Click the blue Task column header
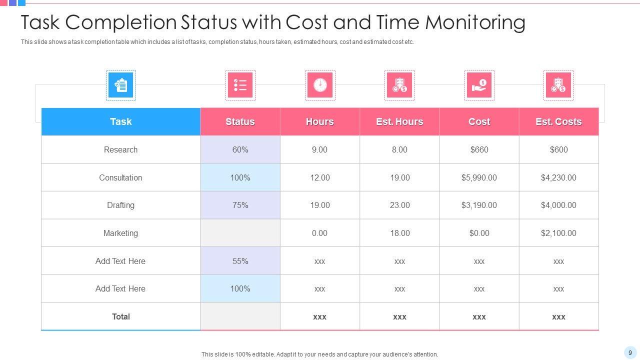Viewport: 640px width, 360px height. [120, 121]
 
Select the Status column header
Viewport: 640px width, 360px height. [240, 121]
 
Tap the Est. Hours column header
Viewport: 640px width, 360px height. [399, 121]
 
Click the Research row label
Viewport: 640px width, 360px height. [120, 149]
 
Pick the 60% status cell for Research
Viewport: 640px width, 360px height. [240, 149]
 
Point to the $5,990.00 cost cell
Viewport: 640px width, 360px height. [479, 177]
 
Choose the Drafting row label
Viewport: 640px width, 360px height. [120, 205]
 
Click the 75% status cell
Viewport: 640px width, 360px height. [240, 205]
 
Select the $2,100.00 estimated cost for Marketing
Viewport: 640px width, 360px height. [558, 233]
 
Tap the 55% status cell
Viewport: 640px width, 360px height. [240, 261]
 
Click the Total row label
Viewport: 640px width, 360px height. [120, 316]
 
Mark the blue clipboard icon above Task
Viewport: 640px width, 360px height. [120, 85]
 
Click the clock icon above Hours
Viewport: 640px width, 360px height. [320, 85]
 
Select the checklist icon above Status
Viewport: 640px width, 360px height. [240, 85]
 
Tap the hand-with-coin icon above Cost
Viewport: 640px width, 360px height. [479, 85]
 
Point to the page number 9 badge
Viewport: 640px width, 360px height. [630, 352]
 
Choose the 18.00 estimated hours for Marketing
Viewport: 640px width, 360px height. [399, 233]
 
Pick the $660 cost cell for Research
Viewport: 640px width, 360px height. [479, 149]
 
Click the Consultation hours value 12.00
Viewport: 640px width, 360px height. [320, 177]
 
